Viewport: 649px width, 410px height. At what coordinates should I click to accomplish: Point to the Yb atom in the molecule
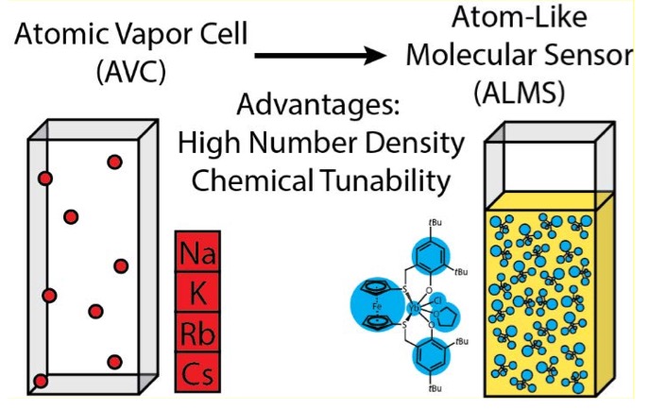413,308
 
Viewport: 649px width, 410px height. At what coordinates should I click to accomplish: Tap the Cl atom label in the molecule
436,295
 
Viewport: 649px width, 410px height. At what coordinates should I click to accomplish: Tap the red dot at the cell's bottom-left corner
40,381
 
